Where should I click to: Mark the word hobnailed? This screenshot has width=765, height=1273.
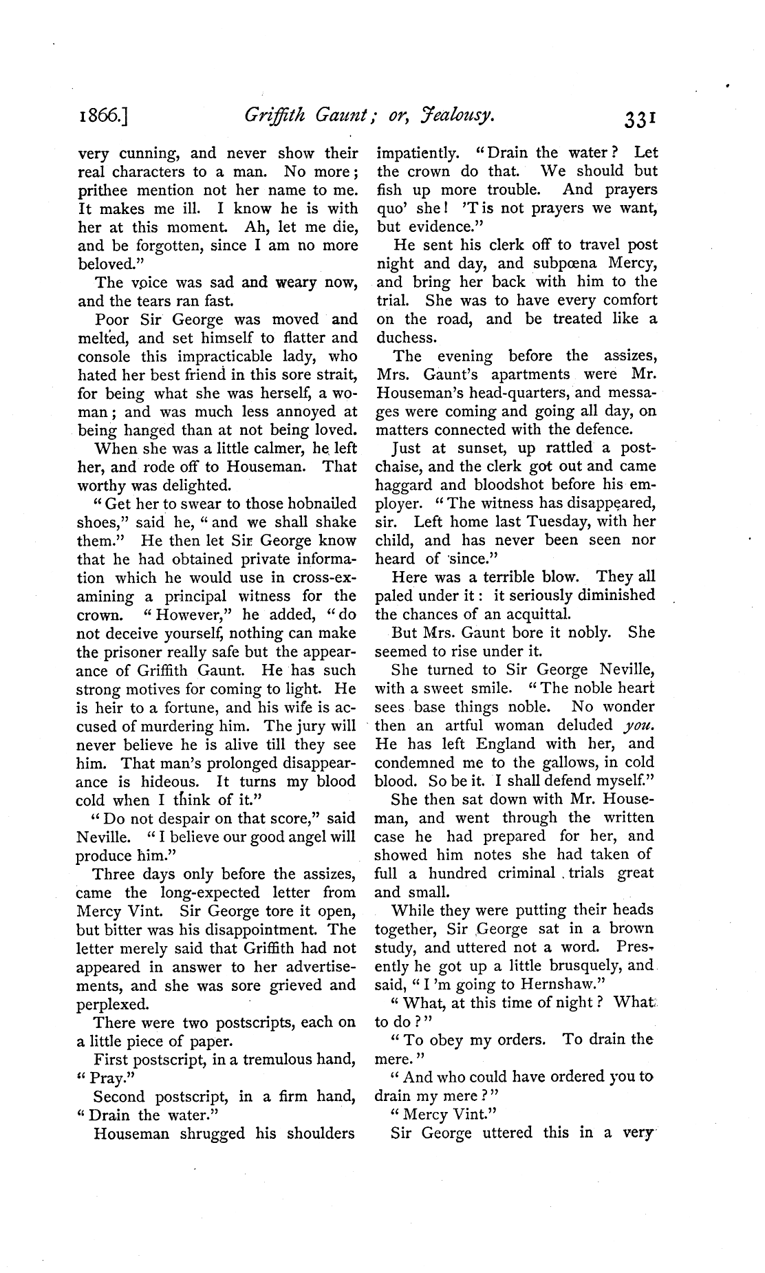[x=322, y=503]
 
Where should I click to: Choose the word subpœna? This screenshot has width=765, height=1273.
[x=551, y=264]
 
